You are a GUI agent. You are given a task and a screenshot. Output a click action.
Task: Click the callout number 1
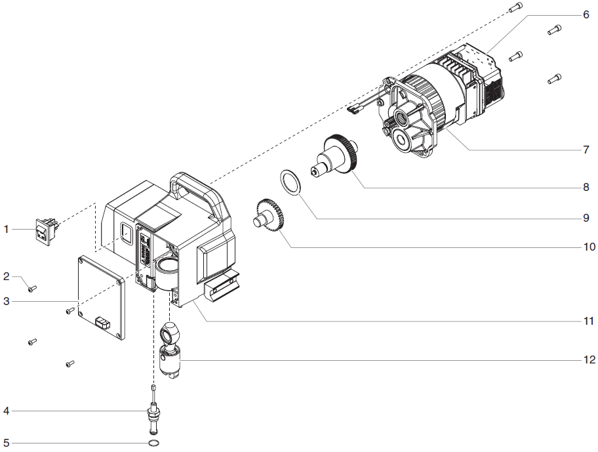[x=7, y=230]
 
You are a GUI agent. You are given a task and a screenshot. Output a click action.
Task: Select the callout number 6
[x=586, y=14]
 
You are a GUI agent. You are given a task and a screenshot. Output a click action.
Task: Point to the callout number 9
[x=586, y=217]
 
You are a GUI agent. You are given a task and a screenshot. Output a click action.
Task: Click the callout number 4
[x=7, y=411]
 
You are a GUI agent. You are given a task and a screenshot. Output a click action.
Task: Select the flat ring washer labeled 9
[x=290, y=182]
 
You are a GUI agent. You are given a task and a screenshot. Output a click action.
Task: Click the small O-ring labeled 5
[x=153, y=443]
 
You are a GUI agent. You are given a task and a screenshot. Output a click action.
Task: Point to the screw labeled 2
[x=31, y=287]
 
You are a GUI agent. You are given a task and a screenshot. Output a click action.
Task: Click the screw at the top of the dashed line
[x=515, y=7]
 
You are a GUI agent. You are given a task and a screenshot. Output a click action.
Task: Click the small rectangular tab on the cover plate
[x=103, y=323]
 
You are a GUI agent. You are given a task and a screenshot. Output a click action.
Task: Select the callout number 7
[x=586, y=150]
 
